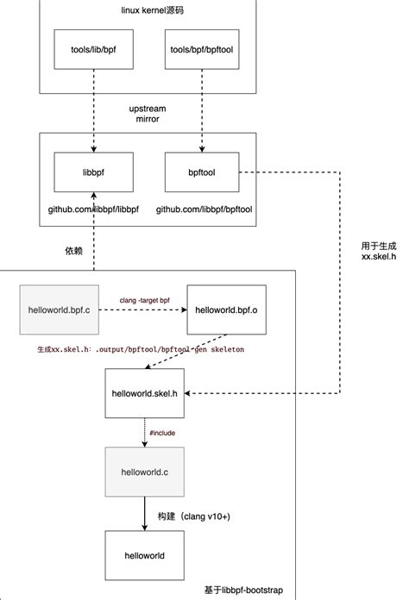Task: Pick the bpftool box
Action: coord(200,172)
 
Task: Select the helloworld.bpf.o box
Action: coord(223,308)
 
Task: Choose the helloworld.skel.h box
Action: coord(144,392)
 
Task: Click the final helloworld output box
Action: coord(144,555)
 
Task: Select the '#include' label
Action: coord(162,432)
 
